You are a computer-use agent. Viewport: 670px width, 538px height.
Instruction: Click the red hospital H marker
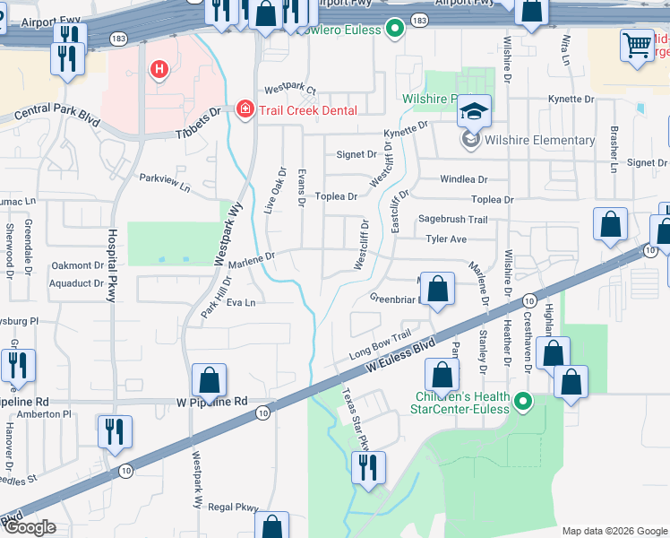pyautogui.click(x=159, y=68)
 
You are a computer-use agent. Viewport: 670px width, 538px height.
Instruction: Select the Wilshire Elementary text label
pyautogui.click(x=539, y=140)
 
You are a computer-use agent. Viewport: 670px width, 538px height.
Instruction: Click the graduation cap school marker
pyautogui.click(x=474, y=112)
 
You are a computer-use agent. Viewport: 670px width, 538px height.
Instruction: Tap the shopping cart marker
pyautogui.click(x=637, y=45)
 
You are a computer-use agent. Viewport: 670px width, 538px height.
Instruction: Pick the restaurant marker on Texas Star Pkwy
pyautogui.click(x=368, y=467)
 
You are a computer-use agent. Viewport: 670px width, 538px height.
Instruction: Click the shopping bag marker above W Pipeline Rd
pyautogui.click(x=209, y=380)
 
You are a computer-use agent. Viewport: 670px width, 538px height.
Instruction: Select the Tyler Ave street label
pyautogui.click(x=446, y=239)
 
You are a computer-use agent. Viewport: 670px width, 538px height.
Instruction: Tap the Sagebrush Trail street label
pyautogui.click(x=452, y=220)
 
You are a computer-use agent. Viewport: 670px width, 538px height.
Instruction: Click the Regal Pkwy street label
pyautogui.click(x=235, y=508)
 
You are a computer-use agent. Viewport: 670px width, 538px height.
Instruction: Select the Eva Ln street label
pyautogui.click(x=241, y=303)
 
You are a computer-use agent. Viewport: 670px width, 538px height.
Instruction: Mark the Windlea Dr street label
pyautogui.click(x=463, y=179)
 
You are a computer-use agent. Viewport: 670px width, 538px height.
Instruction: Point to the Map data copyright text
pyautogui.click(x=614, y=531)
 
